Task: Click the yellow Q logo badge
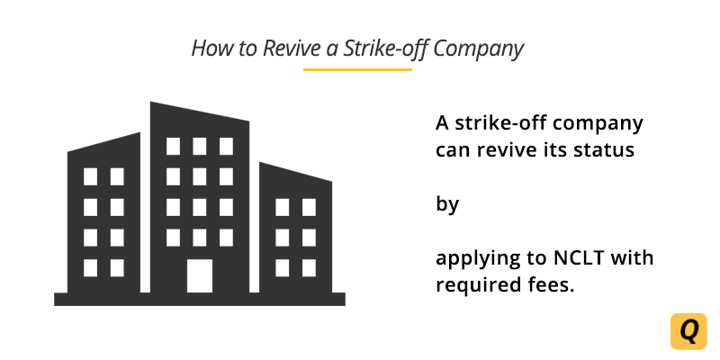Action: click(x=688, y=331)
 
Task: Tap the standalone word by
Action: click(x=447, y=204)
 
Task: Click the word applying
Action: click(x=479, y=260)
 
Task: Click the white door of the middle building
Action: click(x=200, y=275)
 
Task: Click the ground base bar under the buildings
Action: click(x=199, y=299)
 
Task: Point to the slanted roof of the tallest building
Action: click(x=200, y=114)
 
